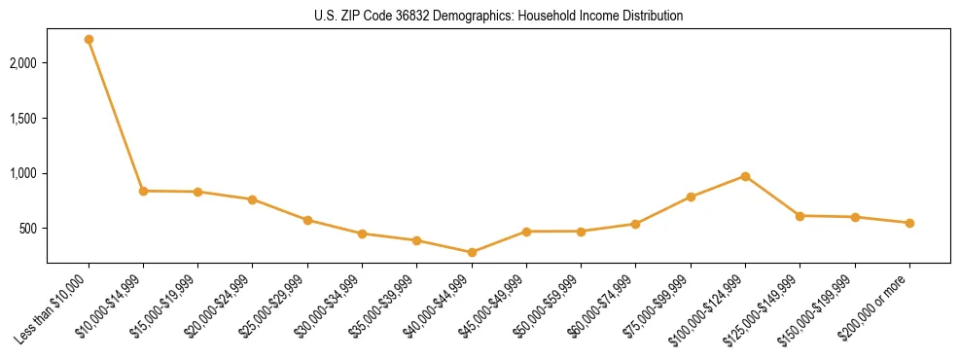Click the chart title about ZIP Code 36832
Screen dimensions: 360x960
pyautogui.click(x=497, y=17)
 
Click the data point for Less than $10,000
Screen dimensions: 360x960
pyautogui.click(x=89, y=40)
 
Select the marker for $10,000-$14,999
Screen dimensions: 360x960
pyautogui.click(x=143, y=191)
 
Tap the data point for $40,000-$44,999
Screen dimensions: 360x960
pyautogui.click(x=472, y=252)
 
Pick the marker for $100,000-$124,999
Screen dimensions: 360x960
pyautogui.click(x=745, y=176)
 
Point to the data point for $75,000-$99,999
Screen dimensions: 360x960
pyautogui.click(x=691, y=197)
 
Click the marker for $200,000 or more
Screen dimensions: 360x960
pyautogui.click(x=909, y=223)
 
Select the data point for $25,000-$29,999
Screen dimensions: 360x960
pyautogui.click(x=307, y=220)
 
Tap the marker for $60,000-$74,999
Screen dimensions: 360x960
pyautogui.click(x=635, y=224)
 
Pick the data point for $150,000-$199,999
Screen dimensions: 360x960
pyautogui.click(x=855, y=217)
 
